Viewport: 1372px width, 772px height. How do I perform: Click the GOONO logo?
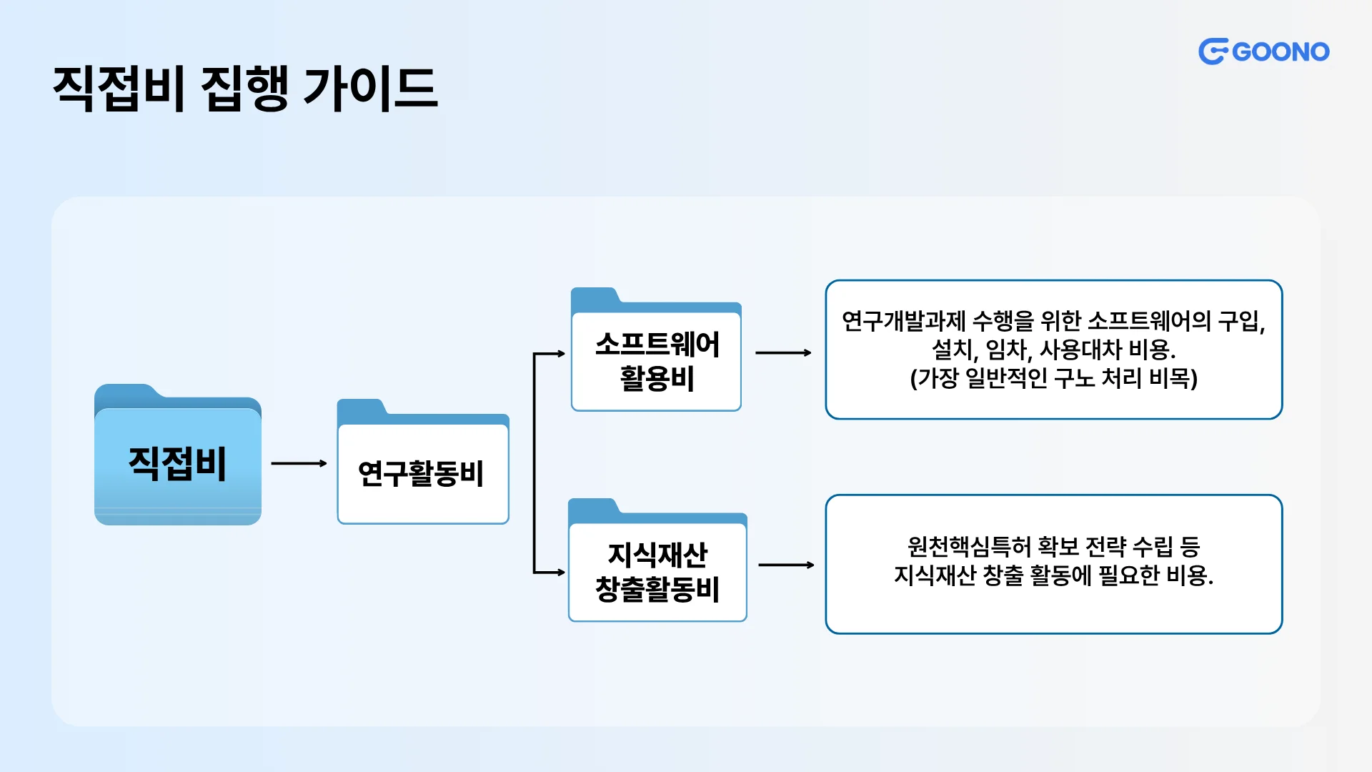pyautogui.click(x=1263, y=51)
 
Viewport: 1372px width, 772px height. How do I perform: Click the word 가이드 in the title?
pyautogui.click(x=369, y=89)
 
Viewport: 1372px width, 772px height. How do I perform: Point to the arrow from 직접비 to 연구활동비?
pyautogui.click(x=299, y=463)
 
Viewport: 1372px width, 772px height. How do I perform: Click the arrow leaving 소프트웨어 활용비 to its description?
pyautogui.click(x=783, y=352)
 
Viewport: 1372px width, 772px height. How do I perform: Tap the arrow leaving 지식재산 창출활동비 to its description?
pyautogui.click(x=786, y=565)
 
